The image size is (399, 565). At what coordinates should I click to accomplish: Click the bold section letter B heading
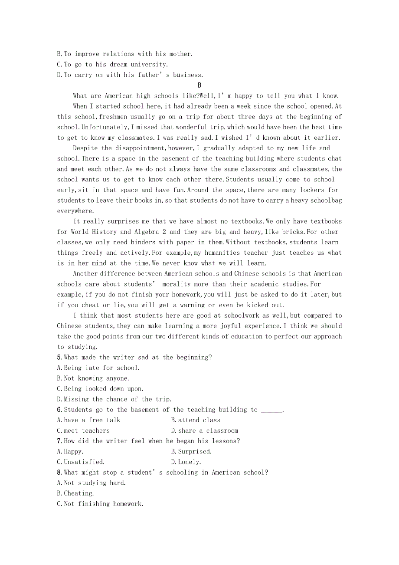(x=199, y=85)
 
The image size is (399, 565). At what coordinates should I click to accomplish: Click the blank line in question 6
(x=271, y=410)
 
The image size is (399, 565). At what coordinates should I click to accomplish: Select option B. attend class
(x=196, y=420)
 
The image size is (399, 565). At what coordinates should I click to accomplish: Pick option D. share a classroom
(x=204, y=430)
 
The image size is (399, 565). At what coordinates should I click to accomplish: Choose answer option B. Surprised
(x=191, y=451)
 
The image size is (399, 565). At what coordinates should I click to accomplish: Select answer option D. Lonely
(x=186, y=462)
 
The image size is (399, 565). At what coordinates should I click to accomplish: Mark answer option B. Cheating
(x=75, y=493)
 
